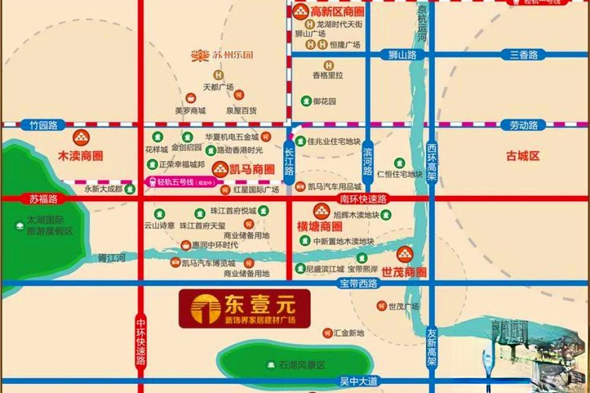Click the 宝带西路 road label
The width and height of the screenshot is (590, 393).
[x=358, y=283]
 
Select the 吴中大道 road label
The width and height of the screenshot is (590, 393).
[x=358, y=381]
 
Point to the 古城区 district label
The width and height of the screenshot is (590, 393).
[x=523, y=156]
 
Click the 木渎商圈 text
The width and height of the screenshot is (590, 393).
[x=80, y=156]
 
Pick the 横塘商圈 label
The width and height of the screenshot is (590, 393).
[x=320, y=227]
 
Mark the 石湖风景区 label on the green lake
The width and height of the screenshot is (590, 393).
[x=301, y=365]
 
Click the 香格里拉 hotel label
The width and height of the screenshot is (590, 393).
[x=328, y=76]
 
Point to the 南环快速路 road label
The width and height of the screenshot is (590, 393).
[x=363, y=199]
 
